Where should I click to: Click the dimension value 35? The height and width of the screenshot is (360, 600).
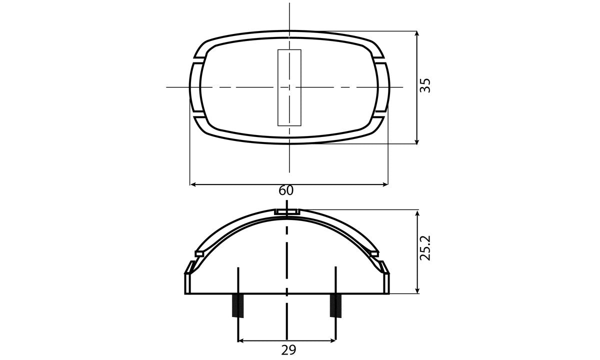[x=425, y=85]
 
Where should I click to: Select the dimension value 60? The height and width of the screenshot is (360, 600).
[x=286, y=190]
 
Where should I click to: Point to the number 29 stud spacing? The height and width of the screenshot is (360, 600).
[x=288, y=349]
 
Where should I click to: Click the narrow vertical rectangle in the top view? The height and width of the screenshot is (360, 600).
[x=289, y=87]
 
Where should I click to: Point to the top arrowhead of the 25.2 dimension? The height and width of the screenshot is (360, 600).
[x=417, y=213]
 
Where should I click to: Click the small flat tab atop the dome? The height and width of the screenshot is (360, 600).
[x=287, y=212]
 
